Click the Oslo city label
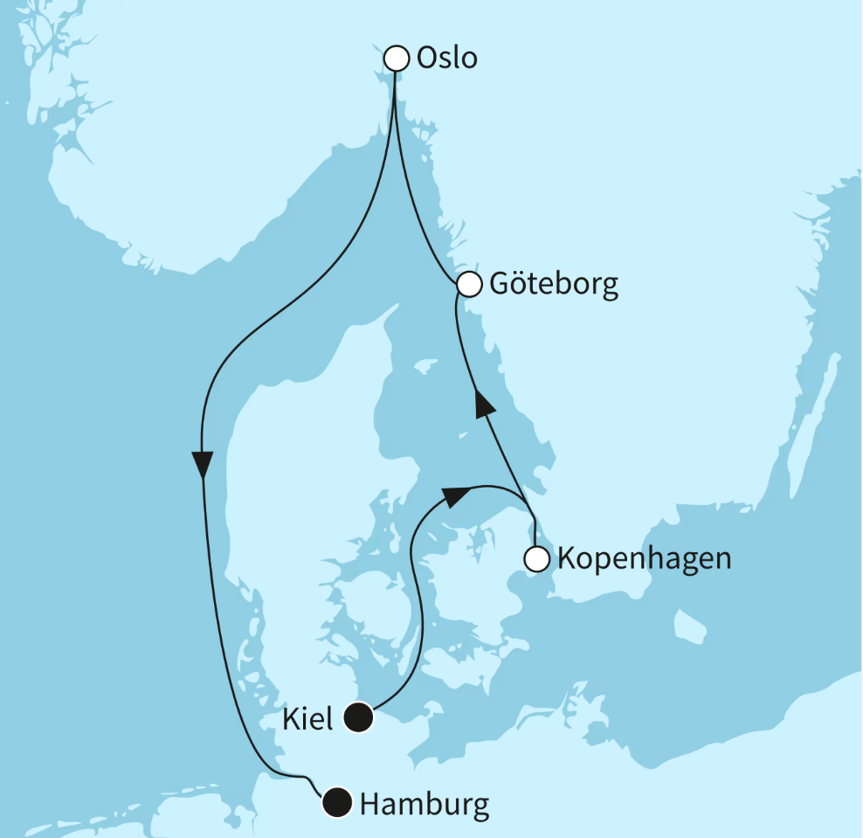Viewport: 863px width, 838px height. [x=447, y=59]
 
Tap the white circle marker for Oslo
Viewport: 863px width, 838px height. [x=397, y=59]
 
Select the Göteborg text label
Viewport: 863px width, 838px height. [x=554, y=285]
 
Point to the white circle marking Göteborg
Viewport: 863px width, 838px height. [x=469, y=284]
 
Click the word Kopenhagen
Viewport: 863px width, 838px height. [x=644, y=558]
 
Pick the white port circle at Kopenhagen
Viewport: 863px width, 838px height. [x=536, y=558]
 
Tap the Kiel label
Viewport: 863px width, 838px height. [x=308, y=719]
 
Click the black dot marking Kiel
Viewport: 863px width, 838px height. [x=358, y=718]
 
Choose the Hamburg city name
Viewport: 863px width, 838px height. [x=425, y=803]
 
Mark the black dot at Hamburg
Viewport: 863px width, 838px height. [x=336, y=802]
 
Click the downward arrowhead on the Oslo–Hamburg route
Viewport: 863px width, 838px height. [x=203, y=464]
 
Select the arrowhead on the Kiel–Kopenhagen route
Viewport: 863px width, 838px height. [x=453, y=496]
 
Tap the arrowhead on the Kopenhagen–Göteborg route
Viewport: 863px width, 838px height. [x=483, y=404]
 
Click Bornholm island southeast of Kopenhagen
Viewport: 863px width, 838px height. [x=690, y=626]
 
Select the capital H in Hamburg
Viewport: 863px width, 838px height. [x=370, y=803]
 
